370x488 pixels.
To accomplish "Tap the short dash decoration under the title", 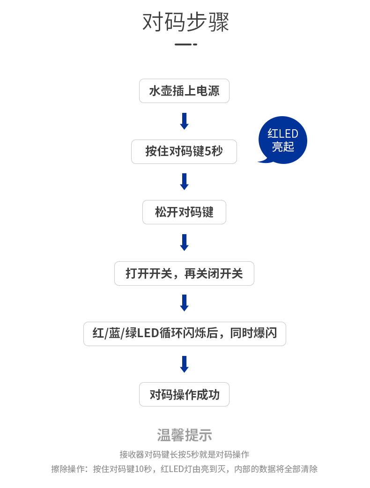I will pos(185,44).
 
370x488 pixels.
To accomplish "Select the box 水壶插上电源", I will pos(184,91).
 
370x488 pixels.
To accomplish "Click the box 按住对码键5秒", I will pos(184,152).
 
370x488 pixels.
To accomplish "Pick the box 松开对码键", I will pos(184,212).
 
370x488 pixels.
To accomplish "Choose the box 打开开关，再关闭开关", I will pos(184,274).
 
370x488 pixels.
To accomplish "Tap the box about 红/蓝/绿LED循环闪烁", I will pos(185,334).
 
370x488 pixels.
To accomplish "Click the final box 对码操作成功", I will pos(184,394).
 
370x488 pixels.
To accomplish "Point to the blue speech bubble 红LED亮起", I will pos(283,140).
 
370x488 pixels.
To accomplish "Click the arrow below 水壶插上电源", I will pos(184,121).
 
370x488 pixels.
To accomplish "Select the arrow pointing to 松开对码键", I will pos(184,182).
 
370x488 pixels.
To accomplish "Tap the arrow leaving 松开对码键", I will pos(184,243).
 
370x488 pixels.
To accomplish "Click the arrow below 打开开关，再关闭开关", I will pos(184,303).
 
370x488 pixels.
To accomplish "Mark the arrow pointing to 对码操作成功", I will pos(184,364).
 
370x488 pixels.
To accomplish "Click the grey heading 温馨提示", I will pos(185,435).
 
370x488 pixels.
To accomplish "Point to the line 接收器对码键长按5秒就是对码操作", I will pos(184,454).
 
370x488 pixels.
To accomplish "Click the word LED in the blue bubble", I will pos(289,134).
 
